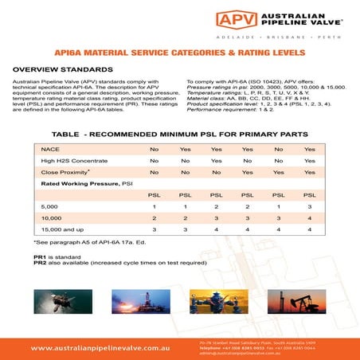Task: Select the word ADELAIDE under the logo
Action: (235, 37)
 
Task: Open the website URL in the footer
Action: (101, 348)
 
